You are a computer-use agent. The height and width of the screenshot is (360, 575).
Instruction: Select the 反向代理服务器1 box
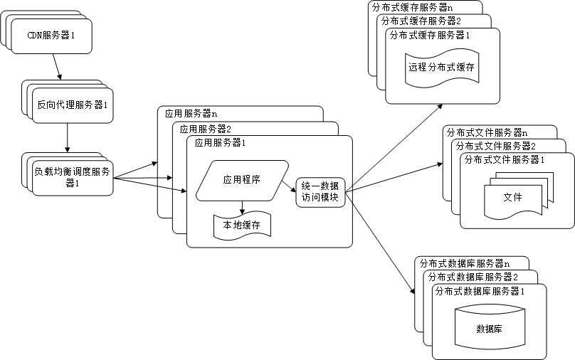pyautogui.click(x=73, y=105)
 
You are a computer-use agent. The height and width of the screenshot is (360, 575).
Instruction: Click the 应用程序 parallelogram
pyautogui.click(x=241, y=180)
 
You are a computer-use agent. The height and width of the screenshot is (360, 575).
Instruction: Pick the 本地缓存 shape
pyautogui.click(x=241, y=225)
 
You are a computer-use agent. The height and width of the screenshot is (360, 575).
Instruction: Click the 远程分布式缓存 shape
pyautogui.click(x=441, y=68)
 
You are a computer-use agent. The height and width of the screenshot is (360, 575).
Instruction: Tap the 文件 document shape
pyautogui.click(x=512, y=198)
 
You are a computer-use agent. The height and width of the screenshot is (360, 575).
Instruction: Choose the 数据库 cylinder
pyautogui.click(x=489, y=328)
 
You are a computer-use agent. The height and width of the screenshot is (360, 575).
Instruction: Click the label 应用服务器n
pyautogui.click(x=191, y=113)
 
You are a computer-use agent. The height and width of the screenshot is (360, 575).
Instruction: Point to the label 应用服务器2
pyautogui.click(x=205, y=129)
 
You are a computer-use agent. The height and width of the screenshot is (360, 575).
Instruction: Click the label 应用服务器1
pyautogui.click(x=220, y=143)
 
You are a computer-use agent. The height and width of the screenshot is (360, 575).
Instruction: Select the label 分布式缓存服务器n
pyautogui.click(x=411, y=7)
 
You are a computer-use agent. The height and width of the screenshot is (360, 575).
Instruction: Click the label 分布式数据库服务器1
pyautogui.click(x=480, y=291)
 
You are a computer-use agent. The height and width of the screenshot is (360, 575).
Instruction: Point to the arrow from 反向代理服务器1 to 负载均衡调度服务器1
pyautogui.click(x=68, y=137)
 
